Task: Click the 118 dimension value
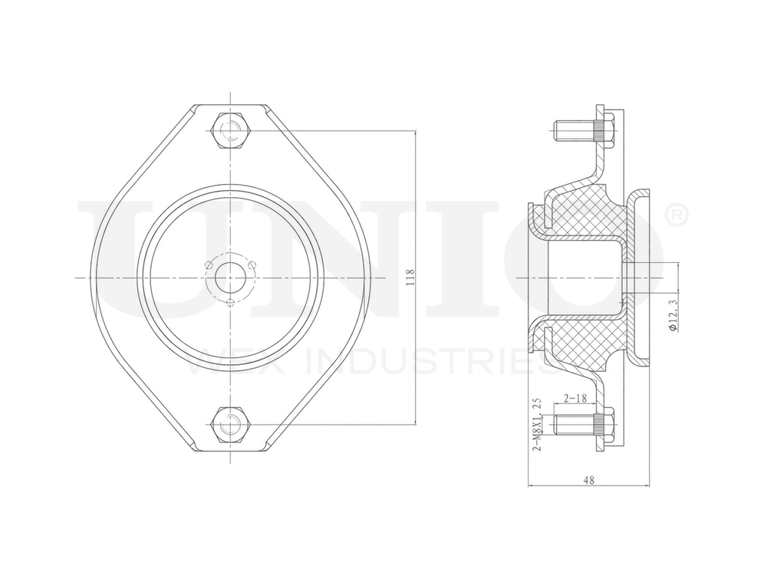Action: coord(410,277)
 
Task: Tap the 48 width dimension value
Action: coord(588,480)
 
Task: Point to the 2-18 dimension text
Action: coord(575,398)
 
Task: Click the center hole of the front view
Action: coord(229,276)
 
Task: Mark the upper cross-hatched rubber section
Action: coord(587,211)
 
